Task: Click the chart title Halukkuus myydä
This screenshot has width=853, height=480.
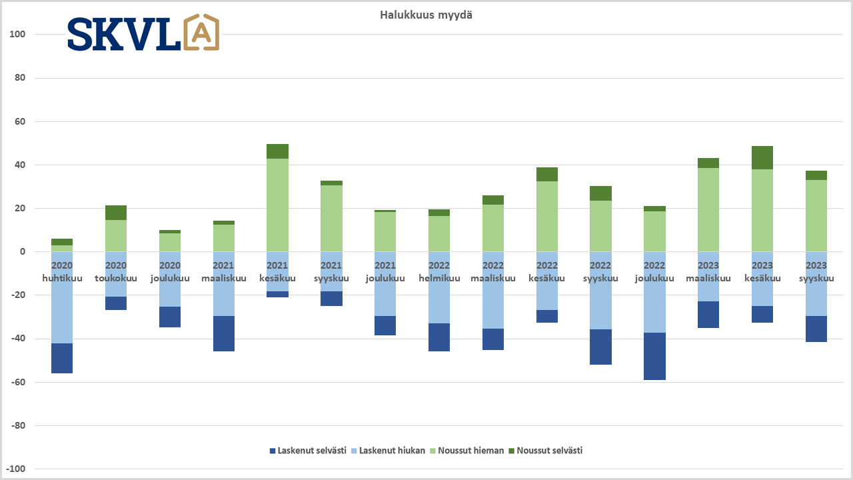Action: click(426, 15)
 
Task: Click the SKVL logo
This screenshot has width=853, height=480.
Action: click(143, 33)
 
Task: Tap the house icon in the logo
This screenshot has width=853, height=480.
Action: click(201, 33)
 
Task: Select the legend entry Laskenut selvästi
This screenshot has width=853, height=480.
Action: click(307, 451)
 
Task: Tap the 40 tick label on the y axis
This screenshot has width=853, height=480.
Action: click(19, 165)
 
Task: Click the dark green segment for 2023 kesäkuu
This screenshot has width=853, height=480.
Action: click(762, 157)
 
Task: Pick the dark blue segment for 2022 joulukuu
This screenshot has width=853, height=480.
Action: click(654, 356)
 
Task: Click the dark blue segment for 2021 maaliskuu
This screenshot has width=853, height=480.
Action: click(224, 333)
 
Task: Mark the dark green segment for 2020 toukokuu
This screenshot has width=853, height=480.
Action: click(116, 213)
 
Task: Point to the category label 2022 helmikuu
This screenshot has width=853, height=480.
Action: click(439, 272)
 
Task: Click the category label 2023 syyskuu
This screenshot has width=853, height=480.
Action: click(816, 272)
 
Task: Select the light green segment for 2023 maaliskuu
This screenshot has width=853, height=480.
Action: click(708, 209)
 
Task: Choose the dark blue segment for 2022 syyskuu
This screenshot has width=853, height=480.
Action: click(601, 347)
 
